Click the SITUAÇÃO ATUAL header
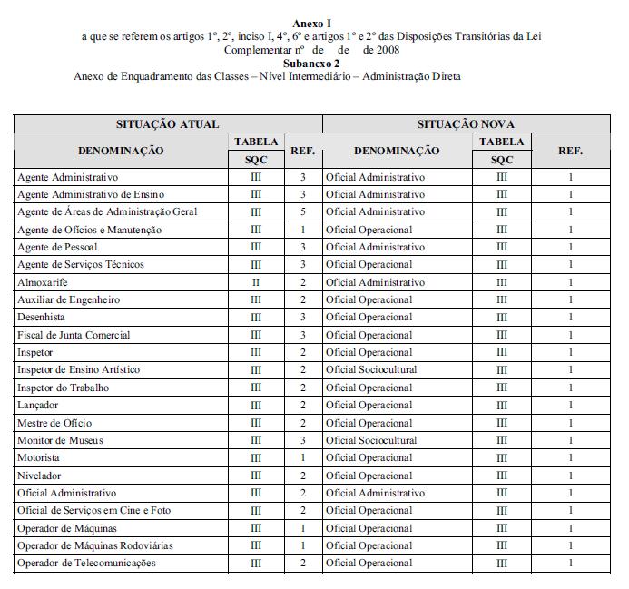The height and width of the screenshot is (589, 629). tap(167, 123)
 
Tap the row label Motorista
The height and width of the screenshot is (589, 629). tap(39, 457)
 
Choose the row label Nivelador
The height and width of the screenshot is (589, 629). tap(39, 476)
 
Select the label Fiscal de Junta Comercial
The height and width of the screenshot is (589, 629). tap(74, 335)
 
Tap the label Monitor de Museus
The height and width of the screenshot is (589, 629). tap(60, 440)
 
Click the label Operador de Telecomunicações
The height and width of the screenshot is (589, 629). tap(86, 564)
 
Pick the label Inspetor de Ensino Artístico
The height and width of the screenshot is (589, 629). tap(79, 370)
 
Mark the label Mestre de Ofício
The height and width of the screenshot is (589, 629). tap(54, 423)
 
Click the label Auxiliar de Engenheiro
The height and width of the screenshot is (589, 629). tap(69, 299)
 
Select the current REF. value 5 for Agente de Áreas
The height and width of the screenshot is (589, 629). tap(302, 211)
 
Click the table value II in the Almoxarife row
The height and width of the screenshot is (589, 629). tap(255, 282)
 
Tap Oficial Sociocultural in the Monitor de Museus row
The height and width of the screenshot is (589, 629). tap(371, 440)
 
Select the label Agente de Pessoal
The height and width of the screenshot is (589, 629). tap(56, 247)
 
